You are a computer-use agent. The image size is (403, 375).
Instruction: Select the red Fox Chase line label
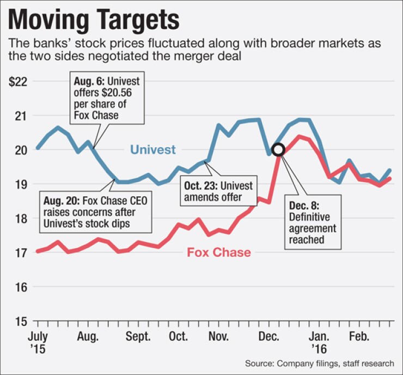tap(219, 252)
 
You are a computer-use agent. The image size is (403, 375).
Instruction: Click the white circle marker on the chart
tap(278, 149)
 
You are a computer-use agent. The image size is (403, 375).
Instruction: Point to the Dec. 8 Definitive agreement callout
tap(312, 222)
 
